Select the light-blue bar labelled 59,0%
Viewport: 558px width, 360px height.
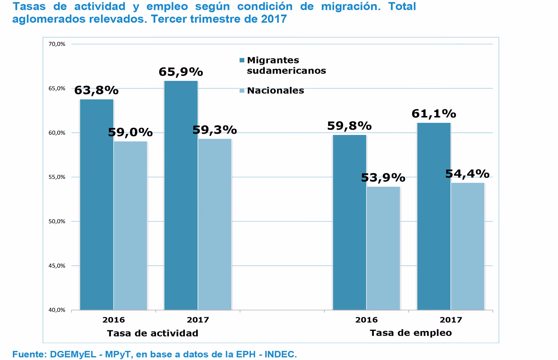130,225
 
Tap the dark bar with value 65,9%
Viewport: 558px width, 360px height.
181,195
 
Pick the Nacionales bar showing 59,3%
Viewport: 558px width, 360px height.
215,224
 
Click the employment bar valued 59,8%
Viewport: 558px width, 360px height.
349,222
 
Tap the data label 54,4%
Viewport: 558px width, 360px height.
467,174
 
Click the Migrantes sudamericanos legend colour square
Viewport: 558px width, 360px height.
242,60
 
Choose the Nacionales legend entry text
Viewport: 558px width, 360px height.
275,91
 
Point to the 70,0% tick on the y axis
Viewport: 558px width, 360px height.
57,44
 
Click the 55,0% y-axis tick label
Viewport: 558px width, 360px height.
57,177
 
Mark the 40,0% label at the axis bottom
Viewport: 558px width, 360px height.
57,310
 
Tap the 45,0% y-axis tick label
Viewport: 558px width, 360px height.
57,266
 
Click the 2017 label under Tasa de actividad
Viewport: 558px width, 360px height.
198,320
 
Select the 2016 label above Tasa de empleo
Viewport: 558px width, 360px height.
366,320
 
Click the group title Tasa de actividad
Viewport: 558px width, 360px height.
153,333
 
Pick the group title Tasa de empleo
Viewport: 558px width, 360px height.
410,333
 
